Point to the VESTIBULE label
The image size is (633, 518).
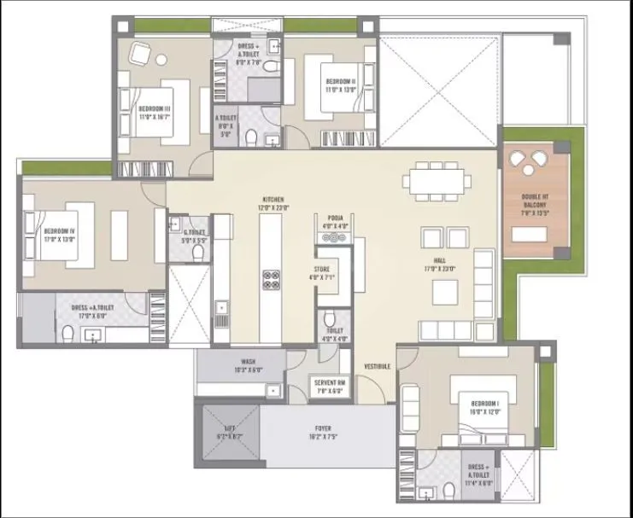coord(377,366)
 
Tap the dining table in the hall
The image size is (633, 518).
coord(438,181)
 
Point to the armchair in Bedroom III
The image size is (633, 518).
coord(139,54)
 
